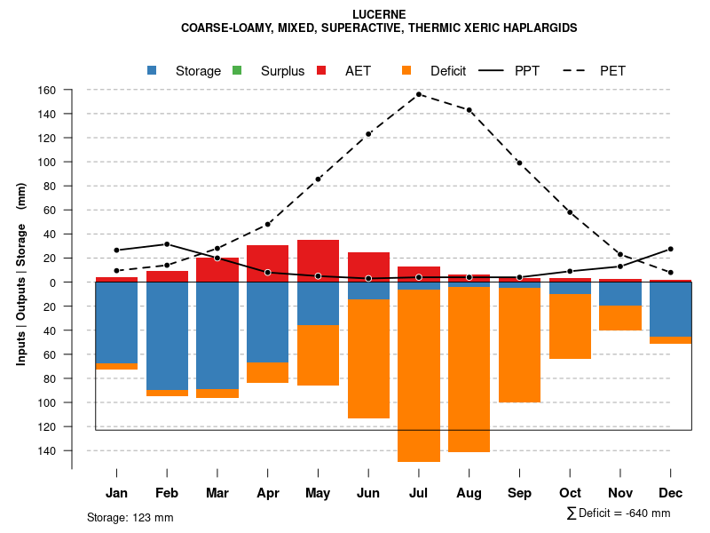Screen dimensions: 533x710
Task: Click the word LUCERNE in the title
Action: coord(379,15)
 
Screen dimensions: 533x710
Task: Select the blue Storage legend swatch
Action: coord(152,71)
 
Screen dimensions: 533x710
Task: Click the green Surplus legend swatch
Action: coord(237,71)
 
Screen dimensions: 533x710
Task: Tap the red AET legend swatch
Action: coord(322,71)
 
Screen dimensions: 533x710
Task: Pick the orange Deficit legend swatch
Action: coord(406,71)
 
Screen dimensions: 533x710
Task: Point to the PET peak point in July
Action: coord(419,94)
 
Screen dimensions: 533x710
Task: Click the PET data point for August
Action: coord(469,110)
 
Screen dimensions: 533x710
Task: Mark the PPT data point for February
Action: coord(167,244)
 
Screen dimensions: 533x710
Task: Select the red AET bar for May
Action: coord(318,261)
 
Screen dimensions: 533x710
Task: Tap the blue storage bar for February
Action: coord(167,336)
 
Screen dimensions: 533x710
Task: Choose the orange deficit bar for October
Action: coord(570,326)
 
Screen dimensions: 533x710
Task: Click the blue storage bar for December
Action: coord(671,309)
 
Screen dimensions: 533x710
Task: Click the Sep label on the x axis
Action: coord(519,493)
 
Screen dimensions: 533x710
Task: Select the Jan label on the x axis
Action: coord(116,493)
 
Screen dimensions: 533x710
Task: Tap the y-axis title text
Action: coord(21,282)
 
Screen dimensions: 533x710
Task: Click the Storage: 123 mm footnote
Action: coord(130,517)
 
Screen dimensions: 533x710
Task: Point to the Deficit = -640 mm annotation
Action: coord(619,513)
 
